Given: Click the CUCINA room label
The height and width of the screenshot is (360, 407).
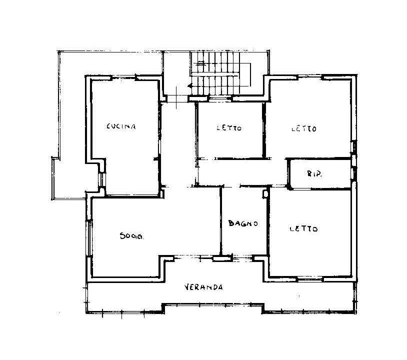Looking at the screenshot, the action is pyautogui.click(x=121, y=126).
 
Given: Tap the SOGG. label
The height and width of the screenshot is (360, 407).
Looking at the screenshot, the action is pyautogui.click(x=132, y=236).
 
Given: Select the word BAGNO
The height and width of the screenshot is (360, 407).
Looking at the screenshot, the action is pyautogui.click(x=243, y=223).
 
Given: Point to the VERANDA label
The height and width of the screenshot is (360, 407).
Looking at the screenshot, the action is pyautogui.click(x=203, y=287).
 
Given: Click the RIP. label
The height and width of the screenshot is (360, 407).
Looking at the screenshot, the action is pyautogui.click(x=314, y=173).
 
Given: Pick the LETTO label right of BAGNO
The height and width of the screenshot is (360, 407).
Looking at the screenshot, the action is pyautogui.click(x=303, y=229).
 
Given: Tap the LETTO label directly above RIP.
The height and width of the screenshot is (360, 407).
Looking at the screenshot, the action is pyautogui.click(x=304, y=128).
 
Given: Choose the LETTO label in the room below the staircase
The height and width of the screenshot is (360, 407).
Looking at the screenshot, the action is pyautogui.click(x=229, y=128).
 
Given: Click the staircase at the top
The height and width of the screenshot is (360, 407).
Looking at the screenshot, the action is pyautogui.click(x=220, y=73).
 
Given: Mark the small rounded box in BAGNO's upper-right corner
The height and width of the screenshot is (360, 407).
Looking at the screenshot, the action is pyautogui.click(x=265, y=194).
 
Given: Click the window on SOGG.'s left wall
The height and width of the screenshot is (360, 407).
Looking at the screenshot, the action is pyautogui.click(x=89, y=238).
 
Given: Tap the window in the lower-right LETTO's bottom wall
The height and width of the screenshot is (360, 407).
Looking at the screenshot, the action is pyautogui.click(x=309, y=279).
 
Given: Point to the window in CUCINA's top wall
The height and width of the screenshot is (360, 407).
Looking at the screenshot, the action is pyautogui.click(x=123, y=77).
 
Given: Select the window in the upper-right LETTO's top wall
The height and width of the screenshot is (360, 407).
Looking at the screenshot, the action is pyautogui.click(x=310, y=77).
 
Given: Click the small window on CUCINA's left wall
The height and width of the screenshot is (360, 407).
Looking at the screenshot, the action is pyautogui.click(x=102, y=179).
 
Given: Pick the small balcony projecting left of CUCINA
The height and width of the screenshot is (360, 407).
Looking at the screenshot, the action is pyautogui.click(x=69, y=178).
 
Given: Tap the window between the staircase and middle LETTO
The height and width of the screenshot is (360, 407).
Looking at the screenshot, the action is pyautogui.click(x=220, y=98).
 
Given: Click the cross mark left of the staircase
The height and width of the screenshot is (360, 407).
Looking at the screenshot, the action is pyautogui.click(x=176, y=97).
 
